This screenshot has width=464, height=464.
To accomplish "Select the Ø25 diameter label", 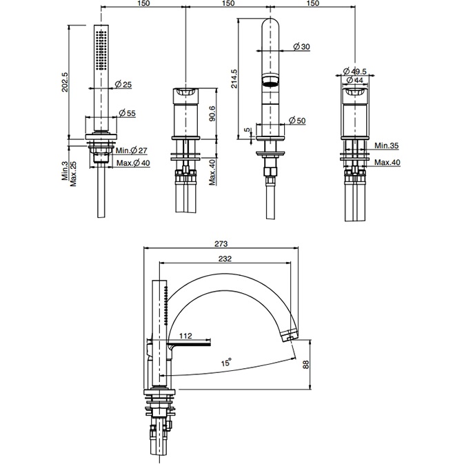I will pyautogui.click(x=124, y=85).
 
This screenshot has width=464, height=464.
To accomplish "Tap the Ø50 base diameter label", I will pyautogui.click(x=297, y=121).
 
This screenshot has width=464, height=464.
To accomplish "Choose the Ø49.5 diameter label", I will pyautogui.click(x=357, y=71).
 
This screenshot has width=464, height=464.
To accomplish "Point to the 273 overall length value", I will pyautogui.click(x=220, y=244).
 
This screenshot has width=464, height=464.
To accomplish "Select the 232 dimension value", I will pyautogui.click(x=225, y=259).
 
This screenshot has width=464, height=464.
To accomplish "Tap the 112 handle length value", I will pyautogui.click(x=184, y=336).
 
